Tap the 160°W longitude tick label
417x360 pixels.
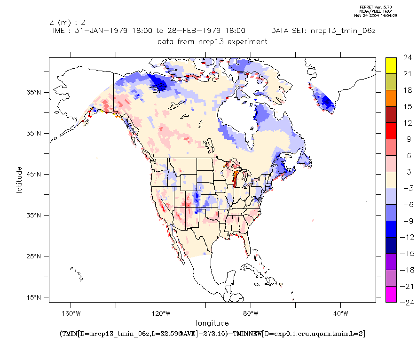click(x=71, y=313)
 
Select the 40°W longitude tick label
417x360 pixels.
click(x=341, y=313)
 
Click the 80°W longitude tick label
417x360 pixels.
click(x=251, y=313)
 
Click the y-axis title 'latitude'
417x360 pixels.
click(x=19, y=179)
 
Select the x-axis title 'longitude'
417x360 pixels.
click(x=212, y=323)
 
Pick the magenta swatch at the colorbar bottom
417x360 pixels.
click(x=391, y=294)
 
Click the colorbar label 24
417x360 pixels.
click(x=407, y=58)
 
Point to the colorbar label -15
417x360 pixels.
click(x=407, y=254)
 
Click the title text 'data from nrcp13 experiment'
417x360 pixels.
click(x=212, y=41)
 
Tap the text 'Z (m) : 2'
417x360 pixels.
click(x=67, y=22)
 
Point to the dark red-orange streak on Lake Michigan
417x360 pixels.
click(x=235, y=179)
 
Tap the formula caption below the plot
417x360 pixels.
click(x=212, y=334)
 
